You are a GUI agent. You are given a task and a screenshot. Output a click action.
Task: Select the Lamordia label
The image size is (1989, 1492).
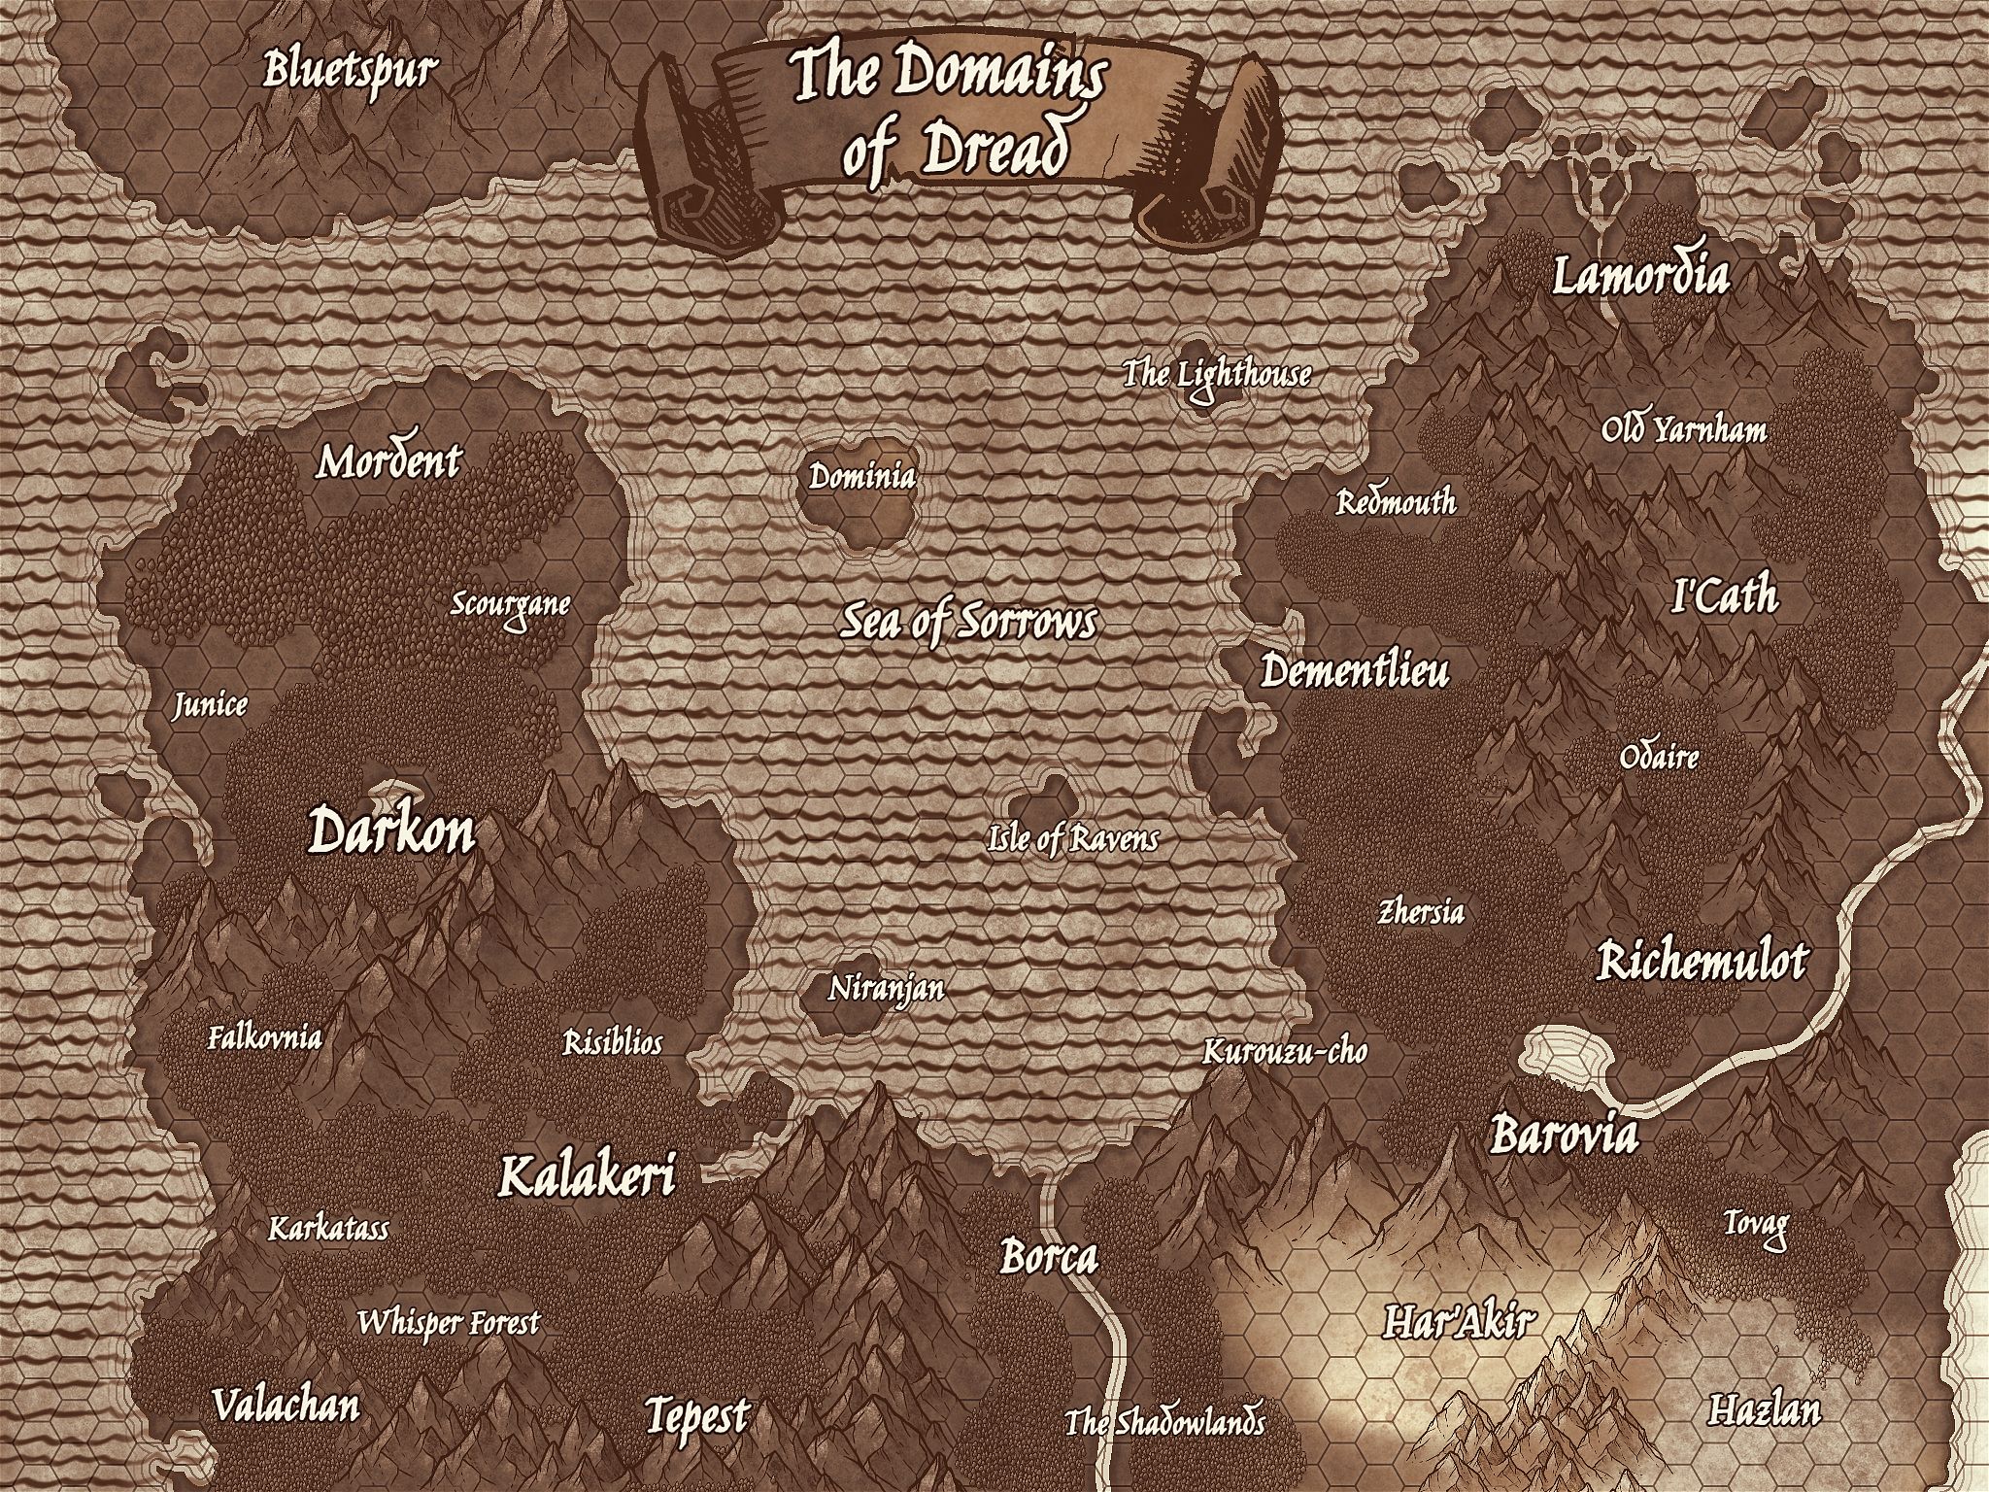(x=1640, y=276)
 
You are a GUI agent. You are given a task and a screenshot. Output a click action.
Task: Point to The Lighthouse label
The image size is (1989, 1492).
(x=1217, y=374)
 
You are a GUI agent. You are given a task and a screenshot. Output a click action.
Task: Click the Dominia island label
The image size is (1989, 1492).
(x=861, y=477)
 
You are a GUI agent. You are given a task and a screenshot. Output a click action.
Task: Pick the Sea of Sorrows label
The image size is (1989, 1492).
(x=967, y=623)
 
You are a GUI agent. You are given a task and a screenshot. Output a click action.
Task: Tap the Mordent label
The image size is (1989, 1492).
(x=388, y=462)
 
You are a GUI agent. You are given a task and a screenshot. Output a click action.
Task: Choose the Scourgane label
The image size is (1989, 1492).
(x=510, y=605)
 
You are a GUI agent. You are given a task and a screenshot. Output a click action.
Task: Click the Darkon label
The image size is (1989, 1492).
(x=391, y=832)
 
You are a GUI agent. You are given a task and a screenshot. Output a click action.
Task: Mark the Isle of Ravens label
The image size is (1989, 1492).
(x=1072, y=838)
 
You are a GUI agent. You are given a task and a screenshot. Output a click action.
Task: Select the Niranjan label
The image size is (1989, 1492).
(x=886, y=990)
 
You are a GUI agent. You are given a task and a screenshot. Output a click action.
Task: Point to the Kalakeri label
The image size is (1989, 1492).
(x=586, y=1177)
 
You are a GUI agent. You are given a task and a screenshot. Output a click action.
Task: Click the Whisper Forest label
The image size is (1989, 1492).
(x=448, y=1323)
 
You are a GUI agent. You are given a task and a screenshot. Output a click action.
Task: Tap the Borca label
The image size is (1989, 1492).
(x=1049, y=1258)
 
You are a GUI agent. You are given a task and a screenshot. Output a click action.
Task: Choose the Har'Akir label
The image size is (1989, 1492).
(x=1458, y=1321)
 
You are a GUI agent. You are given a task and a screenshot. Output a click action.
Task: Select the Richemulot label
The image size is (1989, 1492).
(x=1702, y=963)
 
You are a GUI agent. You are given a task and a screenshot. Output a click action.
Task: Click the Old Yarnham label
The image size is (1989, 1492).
(x=1683, y=429)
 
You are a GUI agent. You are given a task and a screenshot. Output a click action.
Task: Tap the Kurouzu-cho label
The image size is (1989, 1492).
(x=1284, y=1051)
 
